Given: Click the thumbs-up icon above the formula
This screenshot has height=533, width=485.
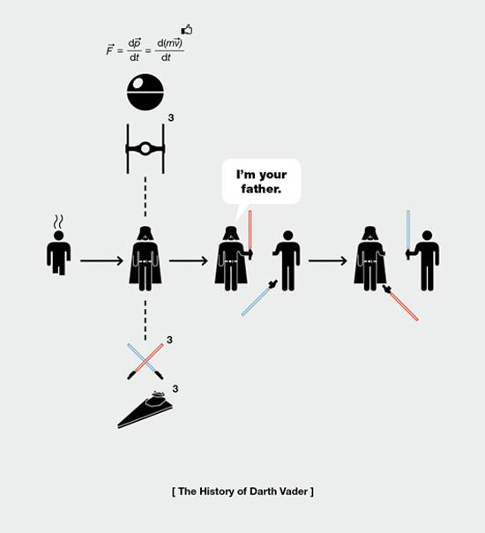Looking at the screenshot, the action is [x=187, y=30].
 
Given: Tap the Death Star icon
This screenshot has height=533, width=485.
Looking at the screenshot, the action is [x=145, y=92].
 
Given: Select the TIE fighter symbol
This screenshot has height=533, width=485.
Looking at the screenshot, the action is [x=145, y=149].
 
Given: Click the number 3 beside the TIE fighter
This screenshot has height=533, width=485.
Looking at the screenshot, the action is [x=171, y=117].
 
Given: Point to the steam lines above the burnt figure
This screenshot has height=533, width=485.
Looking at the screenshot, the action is [x=58, y=222].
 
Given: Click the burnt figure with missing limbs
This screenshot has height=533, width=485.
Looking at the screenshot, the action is [x=59, y=252].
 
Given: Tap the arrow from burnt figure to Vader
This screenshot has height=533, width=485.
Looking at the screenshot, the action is [x=101, y=260].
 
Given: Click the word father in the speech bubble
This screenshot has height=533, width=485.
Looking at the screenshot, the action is [x=261, y=189].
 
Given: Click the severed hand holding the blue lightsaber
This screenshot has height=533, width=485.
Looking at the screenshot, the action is [x=273, y=282].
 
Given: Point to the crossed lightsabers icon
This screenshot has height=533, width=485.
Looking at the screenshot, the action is [x=145, y=361].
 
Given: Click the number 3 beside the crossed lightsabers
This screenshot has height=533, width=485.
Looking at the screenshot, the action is [x=169, y=340].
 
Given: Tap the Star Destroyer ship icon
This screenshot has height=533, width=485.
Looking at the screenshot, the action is [x=145, y=409].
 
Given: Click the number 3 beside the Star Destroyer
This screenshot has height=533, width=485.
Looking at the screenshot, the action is [x=175, y=388].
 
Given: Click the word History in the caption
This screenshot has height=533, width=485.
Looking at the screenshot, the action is [x=215, y=492].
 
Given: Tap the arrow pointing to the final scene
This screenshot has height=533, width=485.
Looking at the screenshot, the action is [x=328, y=260].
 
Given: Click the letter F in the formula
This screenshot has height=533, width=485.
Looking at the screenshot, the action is [x=109, y=50].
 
